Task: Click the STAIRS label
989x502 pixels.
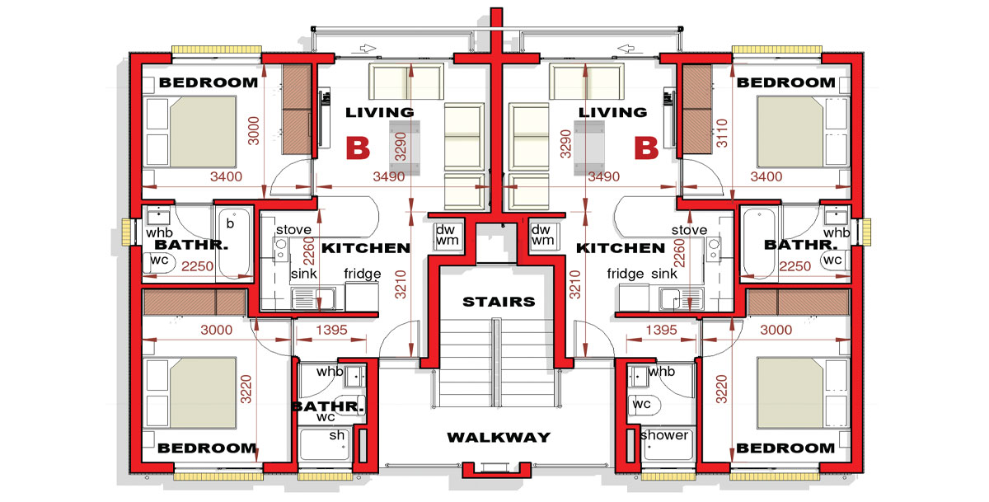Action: (x=499, y=302)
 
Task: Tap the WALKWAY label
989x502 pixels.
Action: (x=499, y=437)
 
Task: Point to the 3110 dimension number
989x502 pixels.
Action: (x=721, y=134)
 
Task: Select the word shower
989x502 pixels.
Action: (x=664, y=435)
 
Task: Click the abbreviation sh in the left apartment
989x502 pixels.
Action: (x=337, y=435)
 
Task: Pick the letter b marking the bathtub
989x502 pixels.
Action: (x=230, y=223)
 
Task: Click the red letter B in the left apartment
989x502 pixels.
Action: (x=358, y=148)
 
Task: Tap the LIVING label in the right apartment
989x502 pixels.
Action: (x=613, y=113)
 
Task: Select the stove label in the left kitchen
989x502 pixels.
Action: (x=293, y=230)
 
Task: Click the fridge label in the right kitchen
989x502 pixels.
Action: (x=626, y=274)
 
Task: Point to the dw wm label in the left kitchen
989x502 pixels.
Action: (x=447, y=235)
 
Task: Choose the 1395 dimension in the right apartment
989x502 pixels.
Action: (x=661, y=330)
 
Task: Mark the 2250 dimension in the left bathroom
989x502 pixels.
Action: (x=197, y=266)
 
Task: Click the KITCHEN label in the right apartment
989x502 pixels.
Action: (x=621, y=248)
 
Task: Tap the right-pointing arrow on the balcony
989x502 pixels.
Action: (x=368, y=48)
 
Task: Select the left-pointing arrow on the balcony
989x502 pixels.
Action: (x=626, y=48)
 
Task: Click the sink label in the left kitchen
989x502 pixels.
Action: (x=304, y=274)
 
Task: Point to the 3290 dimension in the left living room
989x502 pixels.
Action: (x=400, y=147)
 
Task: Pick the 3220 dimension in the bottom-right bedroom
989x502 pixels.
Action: (x=721, y=389)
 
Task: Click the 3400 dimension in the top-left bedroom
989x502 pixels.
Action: (x=226, y=176)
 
